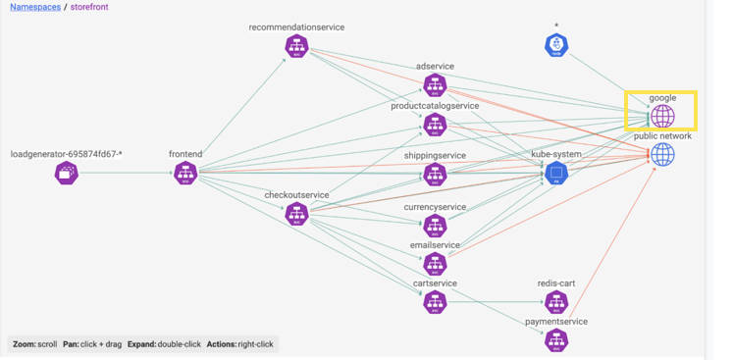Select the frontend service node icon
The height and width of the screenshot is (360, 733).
[x=185, y=174]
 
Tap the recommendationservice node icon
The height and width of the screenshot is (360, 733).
[x=297, y=46]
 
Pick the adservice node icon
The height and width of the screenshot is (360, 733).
[x=435, y=85]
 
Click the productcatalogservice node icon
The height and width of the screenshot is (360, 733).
[x=435, y=125]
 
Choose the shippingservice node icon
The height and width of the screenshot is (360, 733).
[x=435, y=174]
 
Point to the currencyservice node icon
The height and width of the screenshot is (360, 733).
[x=435, y=226]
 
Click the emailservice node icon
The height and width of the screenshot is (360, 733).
[x=435, y=263]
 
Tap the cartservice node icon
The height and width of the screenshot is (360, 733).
[x=435, y=301]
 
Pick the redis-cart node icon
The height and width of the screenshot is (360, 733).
[x=556, y=301]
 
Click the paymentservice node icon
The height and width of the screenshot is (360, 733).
[x=556, y=339]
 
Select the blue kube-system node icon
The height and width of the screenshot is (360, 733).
[x=556, y=174]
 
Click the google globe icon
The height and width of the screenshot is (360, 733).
[x=663, y=117]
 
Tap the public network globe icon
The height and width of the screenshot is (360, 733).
[x=663, y=154]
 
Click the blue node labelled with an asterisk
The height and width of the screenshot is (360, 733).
[x=556, y=44]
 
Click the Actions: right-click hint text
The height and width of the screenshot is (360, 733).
[x=241, y=344]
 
